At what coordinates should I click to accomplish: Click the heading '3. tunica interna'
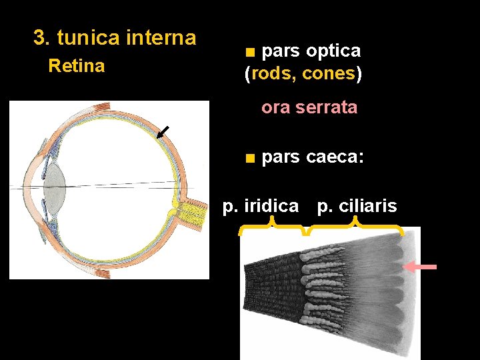pyautogui.click(x=115, y=38)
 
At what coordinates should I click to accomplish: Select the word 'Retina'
pyautogui.click(x=77, y=66)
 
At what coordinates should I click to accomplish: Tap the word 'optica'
pyautogui.click(x=333, y=51)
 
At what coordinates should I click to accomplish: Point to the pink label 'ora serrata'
pyautogui.click(x=309, y=107)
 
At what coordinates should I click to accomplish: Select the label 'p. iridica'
pyautogui.click(x=260, y=206)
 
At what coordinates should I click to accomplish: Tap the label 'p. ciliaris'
pyautogui.click(x=357, y=206)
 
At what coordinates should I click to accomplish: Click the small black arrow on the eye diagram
pyautogui.click(x=161, y=132)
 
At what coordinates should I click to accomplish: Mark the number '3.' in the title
pyautogui.click(x=42, y=38)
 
